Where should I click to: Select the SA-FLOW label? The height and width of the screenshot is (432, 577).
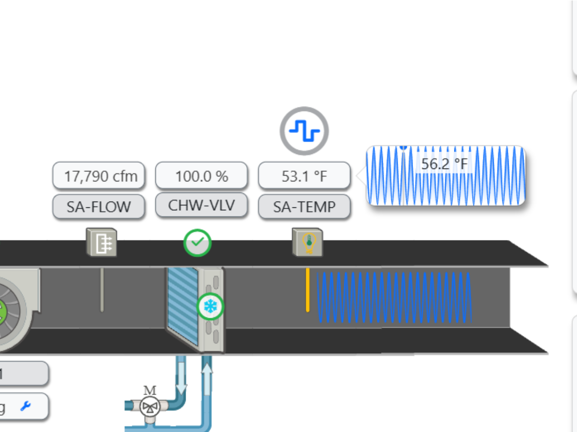pos(99,207)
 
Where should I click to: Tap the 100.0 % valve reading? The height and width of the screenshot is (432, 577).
pos(201,176)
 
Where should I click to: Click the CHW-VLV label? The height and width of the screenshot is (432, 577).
pos(201,205)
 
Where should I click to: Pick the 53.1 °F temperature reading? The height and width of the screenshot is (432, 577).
pos(304,176)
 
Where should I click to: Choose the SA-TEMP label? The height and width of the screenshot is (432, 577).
pos(304,207)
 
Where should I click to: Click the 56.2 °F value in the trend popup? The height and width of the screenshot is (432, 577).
pos(444,164)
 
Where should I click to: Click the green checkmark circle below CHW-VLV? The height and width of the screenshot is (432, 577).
pos(197,243)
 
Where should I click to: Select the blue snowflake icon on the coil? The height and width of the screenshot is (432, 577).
pos(210,306)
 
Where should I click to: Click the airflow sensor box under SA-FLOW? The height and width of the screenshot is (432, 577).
pos(101,242)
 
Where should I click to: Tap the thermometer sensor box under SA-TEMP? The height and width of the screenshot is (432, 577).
pos(308,243)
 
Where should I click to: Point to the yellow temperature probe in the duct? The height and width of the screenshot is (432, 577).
pos(308,290)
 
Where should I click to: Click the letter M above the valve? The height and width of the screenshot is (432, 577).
pos(150,390)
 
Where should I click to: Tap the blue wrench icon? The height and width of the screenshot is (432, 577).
pos(25,407)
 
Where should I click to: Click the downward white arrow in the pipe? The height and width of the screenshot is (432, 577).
pos(182,376)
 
